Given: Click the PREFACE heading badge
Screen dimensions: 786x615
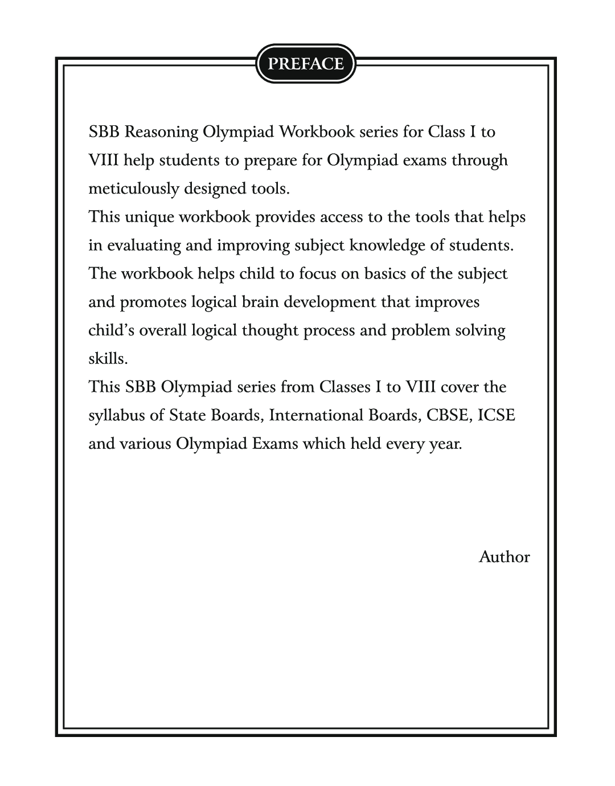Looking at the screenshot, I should [x=306, y=63].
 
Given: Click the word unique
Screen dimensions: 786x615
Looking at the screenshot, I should [x=149, y=217].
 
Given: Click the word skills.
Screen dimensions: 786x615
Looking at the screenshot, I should [x=108, y=359].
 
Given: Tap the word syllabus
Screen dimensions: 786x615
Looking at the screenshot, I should [x=117, y=415].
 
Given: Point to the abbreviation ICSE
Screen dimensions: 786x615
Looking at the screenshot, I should [x=497, y=415].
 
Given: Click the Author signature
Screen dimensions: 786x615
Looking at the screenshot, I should [x=504, y=557].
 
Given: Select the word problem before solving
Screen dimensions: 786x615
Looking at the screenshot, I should [x=420, y=330].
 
